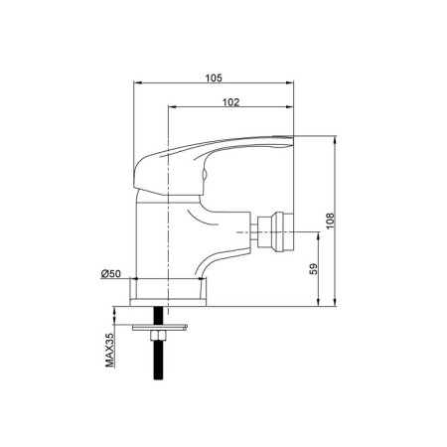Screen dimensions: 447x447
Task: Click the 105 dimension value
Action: [214, 77]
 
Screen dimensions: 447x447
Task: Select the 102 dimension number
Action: [230, 102]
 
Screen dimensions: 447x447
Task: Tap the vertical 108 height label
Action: [330, 221]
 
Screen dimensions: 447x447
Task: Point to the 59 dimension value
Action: [313, 269]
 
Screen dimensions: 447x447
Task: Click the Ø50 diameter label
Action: [111, 274]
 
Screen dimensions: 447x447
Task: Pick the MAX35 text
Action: [109, 350]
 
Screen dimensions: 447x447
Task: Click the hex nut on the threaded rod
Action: [159, 336]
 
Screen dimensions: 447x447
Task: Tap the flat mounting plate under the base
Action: [160, 328]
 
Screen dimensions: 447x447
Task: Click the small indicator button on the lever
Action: [205, 174]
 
